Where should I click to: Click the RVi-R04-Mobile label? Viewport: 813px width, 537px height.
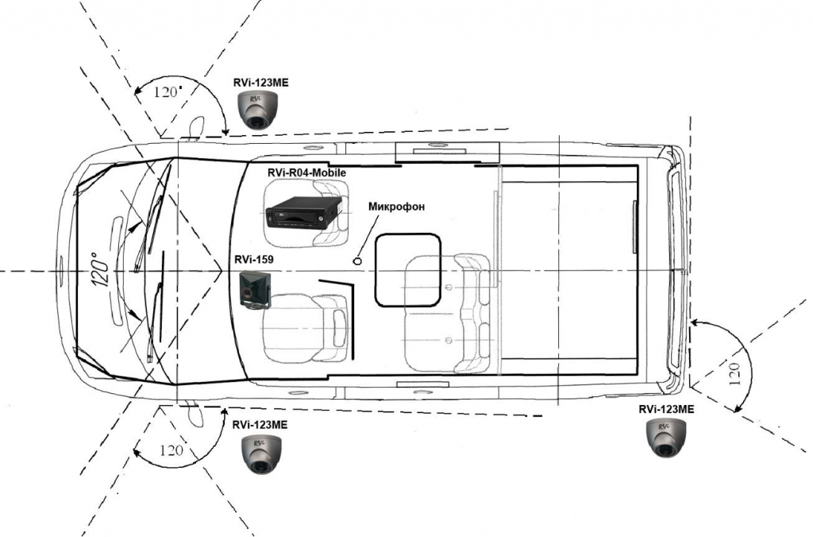click(x=306, y=171)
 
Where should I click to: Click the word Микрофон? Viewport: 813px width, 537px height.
click(x=397, y=207)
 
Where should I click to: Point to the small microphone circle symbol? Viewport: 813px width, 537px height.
click(x=357, y=260)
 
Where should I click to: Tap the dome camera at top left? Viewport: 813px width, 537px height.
click(x=256, y=110)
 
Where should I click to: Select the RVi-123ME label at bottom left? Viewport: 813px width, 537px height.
click(x=260, y=425)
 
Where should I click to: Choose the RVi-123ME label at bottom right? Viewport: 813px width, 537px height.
click(x=666, y=408)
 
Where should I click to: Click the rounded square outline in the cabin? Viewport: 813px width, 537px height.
click(x=407, y=268)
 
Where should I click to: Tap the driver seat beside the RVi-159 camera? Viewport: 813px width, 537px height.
click(x=306, y=327)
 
